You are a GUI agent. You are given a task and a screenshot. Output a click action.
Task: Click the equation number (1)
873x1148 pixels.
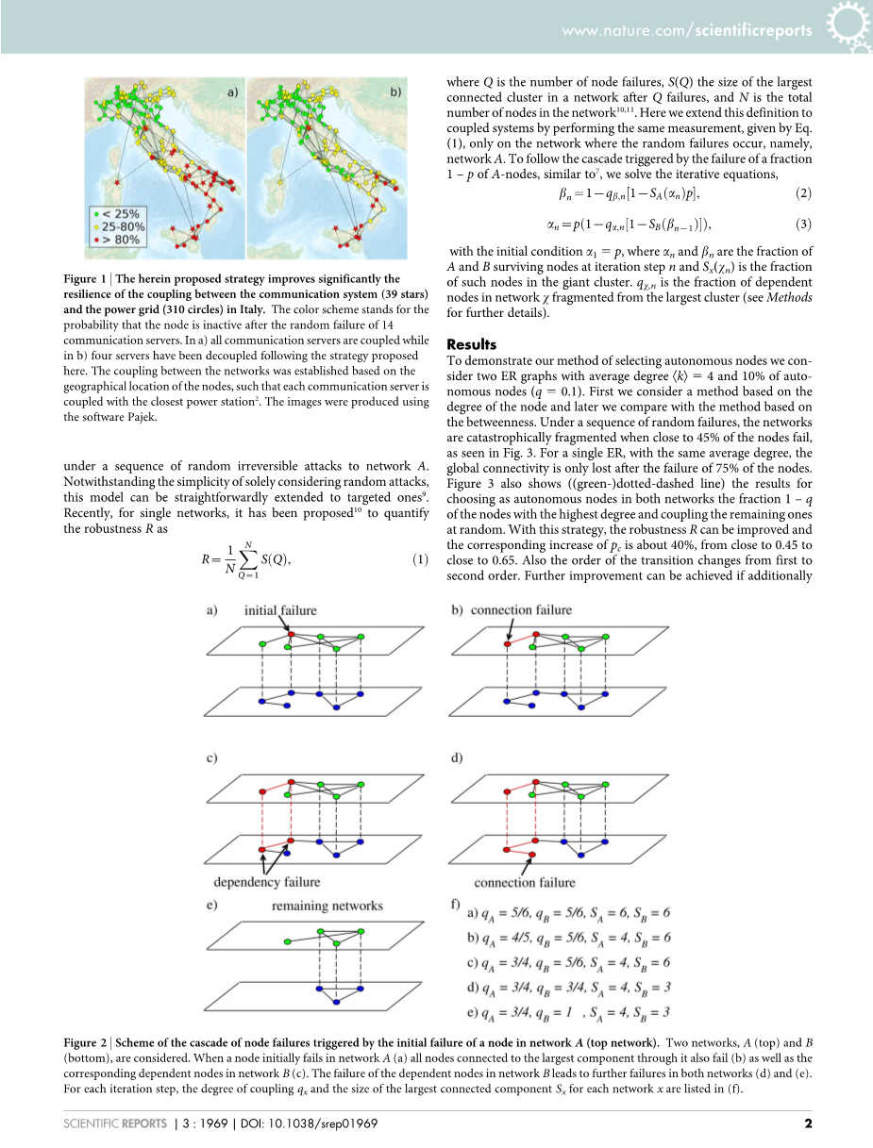point(421,559)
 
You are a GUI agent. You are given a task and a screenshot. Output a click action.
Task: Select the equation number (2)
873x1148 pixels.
point(804,193)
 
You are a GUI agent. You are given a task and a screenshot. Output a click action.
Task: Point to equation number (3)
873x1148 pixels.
point(804,224)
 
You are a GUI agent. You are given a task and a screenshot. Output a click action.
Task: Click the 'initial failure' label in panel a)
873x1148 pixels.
point(280,610)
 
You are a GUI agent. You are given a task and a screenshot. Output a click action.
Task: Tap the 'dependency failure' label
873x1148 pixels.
point(267,882)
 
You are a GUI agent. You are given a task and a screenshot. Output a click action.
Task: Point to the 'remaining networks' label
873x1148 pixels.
point(327,906)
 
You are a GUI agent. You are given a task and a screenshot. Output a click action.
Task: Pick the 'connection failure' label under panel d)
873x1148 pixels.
point(524,883)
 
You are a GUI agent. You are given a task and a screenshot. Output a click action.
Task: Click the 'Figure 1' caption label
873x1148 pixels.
point(88,279)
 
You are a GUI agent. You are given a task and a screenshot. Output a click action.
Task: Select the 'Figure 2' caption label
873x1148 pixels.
point(88,1043)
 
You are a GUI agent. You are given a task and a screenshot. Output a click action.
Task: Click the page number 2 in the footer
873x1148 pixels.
point(808,1123)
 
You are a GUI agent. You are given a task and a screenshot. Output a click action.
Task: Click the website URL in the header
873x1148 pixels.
point(686,30)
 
